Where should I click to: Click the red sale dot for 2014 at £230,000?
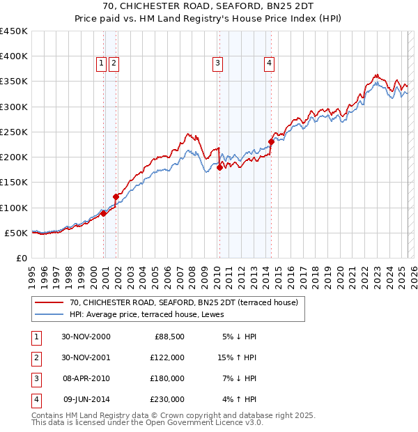[271, 142]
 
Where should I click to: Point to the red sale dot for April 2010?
[219, 167]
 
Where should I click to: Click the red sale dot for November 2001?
[116, 196]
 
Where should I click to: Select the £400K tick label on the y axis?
[14, 56]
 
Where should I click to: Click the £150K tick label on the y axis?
[14, 183]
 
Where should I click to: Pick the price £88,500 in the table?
[169, 337]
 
